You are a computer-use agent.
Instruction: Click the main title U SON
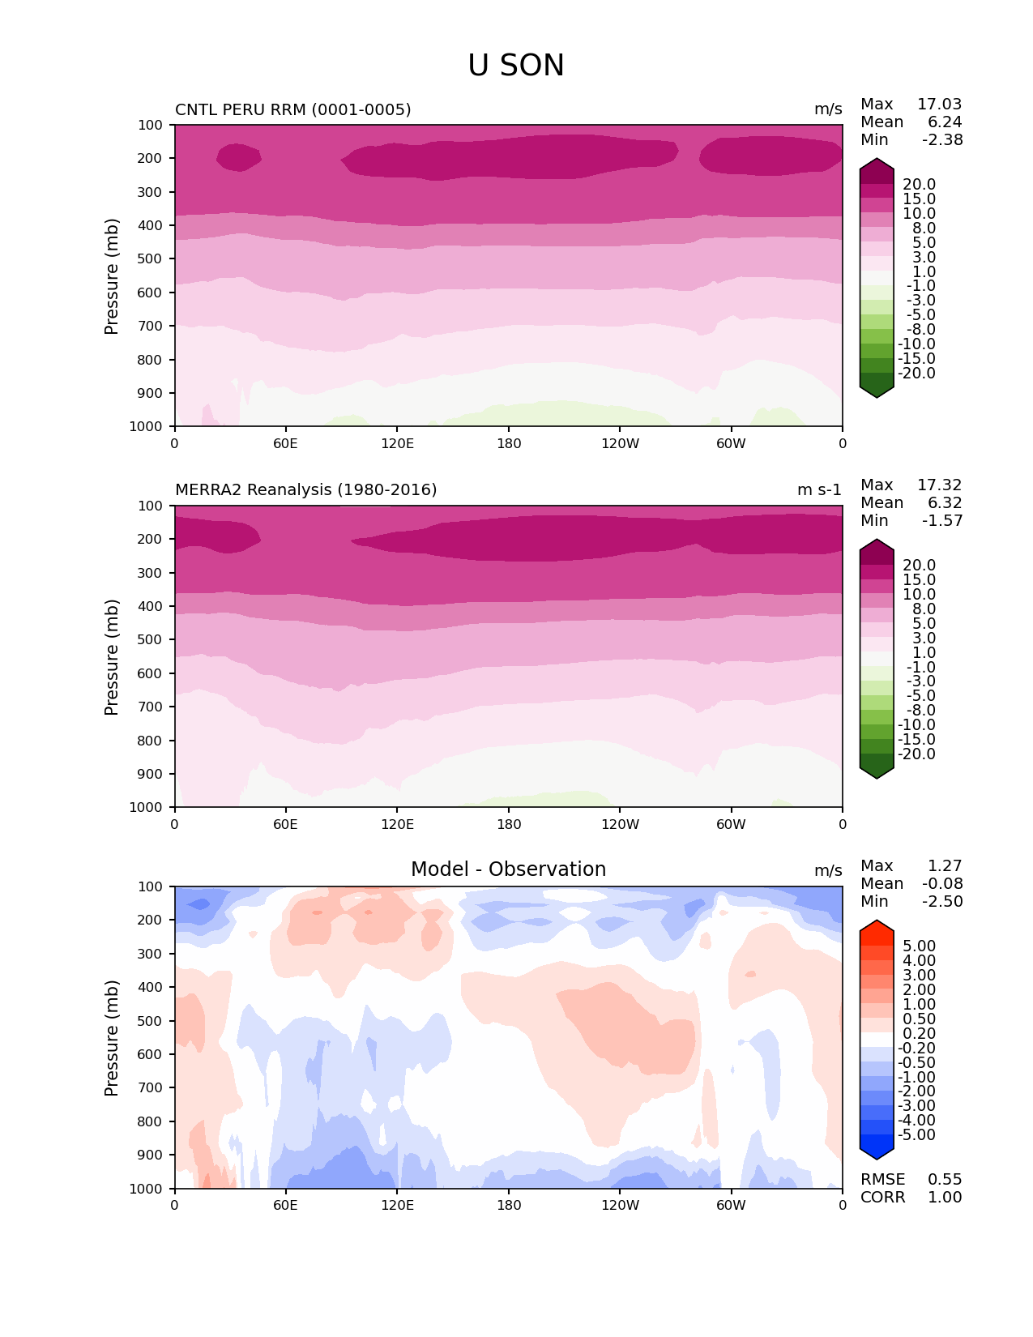click(x=515, y=66)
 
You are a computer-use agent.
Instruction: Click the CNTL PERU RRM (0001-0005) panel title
click(x=292, y=109)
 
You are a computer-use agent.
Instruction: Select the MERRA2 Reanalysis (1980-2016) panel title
click(x=305, y=489)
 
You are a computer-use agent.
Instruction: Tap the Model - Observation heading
click(x=508, y=869)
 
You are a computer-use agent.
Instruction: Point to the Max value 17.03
click(x=939, y=105)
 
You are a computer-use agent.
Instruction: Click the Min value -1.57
click(x=941, y=520)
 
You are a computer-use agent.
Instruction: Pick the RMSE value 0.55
click(x=945, y=1179)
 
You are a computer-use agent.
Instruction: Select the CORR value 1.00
click(x=945, y=1197)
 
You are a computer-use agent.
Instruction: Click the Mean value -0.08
click(x=941, y=883)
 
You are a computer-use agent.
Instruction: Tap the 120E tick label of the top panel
click(x=397, y=443)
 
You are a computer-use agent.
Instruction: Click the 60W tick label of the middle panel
click(x=731, y=824)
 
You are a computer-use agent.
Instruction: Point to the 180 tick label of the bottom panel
click(x=509, y=1205)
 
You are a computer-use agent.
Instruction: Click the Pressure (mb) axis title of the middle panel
click(x=112, y=656)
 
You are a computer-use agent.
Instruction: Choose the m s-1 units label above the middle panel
click(x=819, y=489)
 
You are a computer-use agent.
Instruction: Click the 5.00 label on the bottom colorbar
click(x=919, y=946)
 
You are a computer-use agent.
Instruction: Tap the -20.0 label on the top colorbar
click(x=916, y=373)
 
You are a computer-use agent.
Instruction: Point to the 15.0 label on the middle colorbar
click(x=919, y=579)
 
